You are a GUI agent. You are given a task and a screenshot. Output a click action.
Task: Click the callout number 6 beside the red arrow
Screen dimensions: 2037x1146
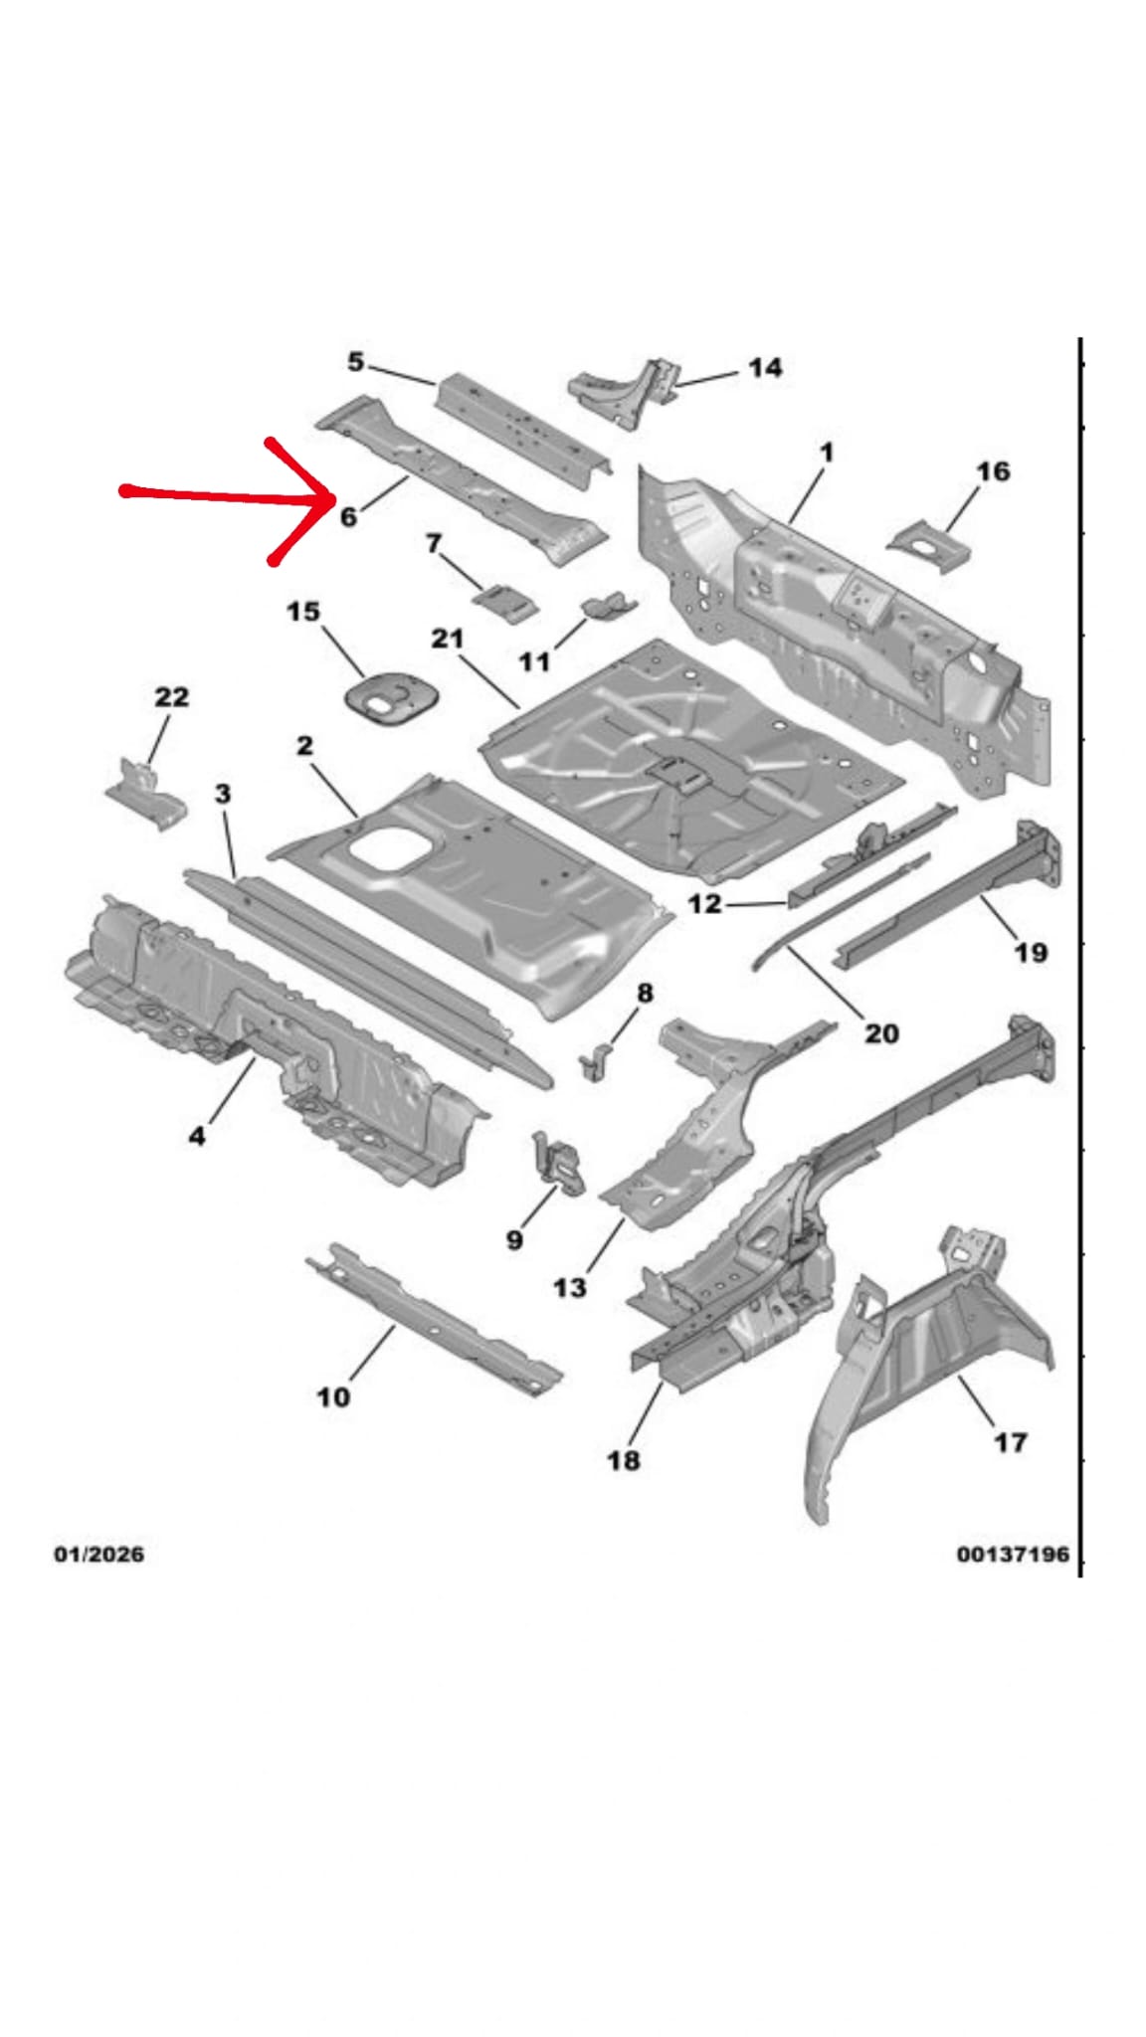tap(348, 516)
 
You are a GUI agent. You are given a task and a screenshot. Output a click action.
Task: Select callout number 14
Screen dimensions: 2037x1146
tap(764, 368)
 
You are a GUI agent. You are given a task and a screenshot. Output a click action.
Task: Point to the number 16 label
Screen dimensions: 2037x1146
tap(992, 471)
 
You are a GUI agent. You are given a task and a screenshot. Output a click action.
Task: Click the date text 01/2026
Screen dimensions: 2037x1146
tap(98, 1554)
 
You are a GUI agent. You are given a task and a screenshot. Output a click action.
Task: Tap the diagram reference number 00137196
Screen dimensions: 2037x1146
tap(1012, 1554)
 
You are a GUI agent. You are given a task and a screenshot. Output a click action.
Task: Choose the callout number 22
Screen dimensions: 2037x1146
tap(171, 697)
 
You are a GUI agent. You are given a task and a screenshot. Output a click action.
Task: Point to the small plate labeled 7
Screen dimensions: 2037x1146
tap(506, 603)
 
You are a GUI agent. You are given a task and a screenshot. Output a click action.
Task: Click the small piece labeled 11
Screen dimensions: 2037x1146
tap(608, 606)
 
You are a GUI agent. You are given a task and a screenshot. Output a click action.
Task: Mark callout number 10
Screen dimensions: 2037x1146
tap(333, 1397)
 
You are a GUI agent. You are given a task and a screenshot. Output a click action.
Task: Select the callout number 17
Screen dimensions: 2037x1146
tap(1010, 1442)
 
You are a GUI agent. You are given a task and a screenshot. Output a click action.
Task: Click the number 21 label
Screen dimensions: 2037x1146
tap(448, 638)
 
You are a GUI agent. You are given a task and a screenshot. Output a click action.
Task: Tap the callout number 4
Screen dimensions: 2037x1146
tap(197, 1135)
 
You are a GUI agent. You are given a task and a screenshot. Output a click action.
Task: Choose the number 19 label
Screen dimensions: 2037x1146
tap(1031, 953)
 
